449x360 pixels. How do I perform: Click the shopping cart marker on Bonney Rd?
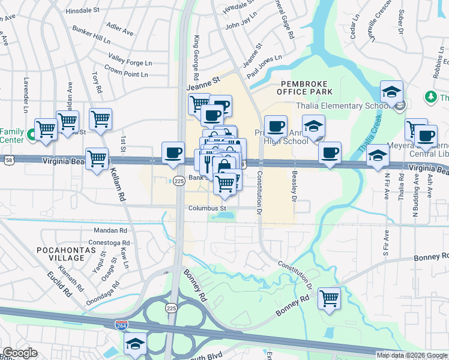coord(329,298)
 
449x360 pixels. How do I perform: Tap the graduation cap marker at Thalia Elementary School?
coord(391,92)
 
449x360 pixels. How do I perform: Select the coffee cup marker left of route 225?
coord(173,152)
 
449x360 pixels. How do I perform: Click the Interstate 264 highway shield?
coord(121,324)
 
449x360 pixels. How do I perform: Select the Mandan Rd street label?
coord(111,230)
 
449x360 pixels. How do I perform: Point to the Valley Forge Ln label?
coord(130,59)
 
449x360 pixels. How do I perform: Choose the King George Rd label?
coord(196,59)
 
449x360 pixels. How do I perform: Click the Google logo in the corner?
coord(20,353)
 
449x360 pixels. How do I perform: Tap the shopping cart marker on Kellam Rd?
coord(97,158)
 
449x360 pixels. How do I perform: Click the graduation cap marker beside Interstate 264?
coord(136,344)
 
